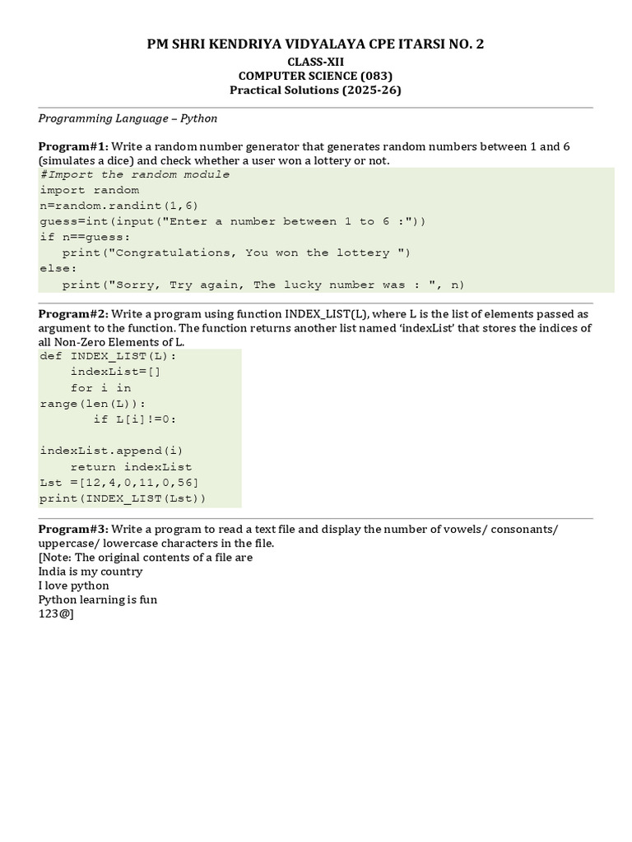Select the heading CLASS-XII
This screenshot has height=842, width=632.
click(316, 62)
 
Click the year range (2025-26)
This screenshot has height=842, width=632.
click(372, 90)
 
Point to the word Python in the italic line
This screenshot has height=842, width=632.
click(199, 118)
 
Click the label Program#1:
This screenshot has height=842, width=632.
click(73, 146)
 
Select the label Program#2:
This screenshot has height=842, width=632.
click(73, 314)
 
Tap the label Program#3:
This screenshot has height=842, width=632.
click(73, 529)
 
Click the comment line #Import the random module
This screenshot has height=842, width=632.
click(135, 174)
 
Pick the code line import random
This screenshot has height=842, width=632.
click(90, 190)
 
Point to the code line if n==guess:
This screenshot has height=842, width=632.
click(86, 237)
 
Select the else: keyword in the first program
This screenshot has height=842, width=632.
click(58, 269)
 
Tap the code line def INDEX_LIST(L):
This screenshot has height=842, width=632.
click(108, 356)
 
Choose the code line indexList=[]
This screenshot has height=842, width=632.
click(116, 372)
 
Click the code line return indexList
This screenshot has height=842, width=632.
click(131, 467)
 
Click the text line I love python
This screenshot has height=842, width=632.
click(74, 585)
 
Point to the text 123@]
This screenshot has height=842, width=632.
click(56, 614)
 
